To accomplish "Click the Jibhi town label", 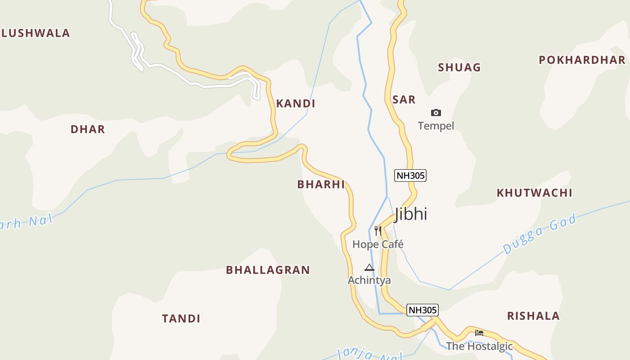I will click(x=411, y=214).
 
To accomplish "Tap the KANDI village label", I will click(x=296, y=103).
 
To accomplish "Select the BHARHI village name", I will click(x=321, y=184).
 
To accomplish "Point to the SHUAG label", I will click(x=459, y=67).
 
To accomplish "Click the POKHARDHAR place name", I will click(x=582, y=60).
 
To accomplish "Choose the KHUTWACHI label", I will click(x=534, y=193).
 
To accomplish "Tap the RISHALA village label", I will click(x=533, y=316).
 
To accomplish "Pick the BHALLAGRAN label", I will click(x=268, y=270).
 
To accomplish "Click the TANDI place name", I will click(x=181, y=319).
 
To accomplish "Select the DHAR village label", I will click(x=88, y=130).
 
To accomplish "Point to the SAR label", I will click(x=404, y=99).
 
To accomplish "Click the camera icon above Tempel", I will click(x=436, y=112).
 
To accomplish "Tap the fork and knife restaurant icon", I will click(x=378, y=231).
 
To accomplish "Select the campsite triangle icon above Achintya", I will click(x=369, y=267).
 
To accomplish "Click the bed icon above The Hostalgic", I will click(x=479, y=333).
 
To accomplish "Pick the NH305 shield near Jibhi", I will click(x=410, y=175).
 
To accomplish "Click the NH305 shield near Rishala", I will click(x=422, y=310).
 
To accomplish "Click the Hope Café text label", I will click(x=378, y=244).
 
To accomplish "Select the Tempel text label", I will click(x=436, y=126).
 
